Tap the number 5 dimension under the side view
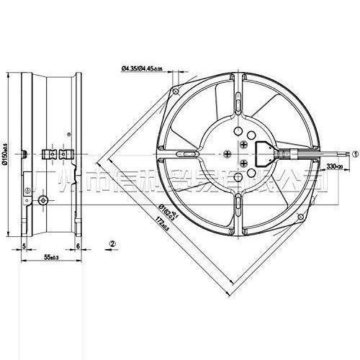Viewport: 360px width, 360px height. pyautogui.click(x=24, y=246)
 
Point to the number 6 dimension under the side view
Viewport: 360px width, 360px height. pyautogui.click(x=78, y=246)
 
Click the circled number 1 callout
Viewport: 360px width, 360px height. pyautogui.click(x=355, y=153)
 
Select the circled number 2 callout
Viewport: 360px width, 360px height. pyautogui.click(x=112, y=243)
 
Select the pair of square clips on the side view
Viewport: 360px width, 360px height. pyautogui.click(x=55, y=153)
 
